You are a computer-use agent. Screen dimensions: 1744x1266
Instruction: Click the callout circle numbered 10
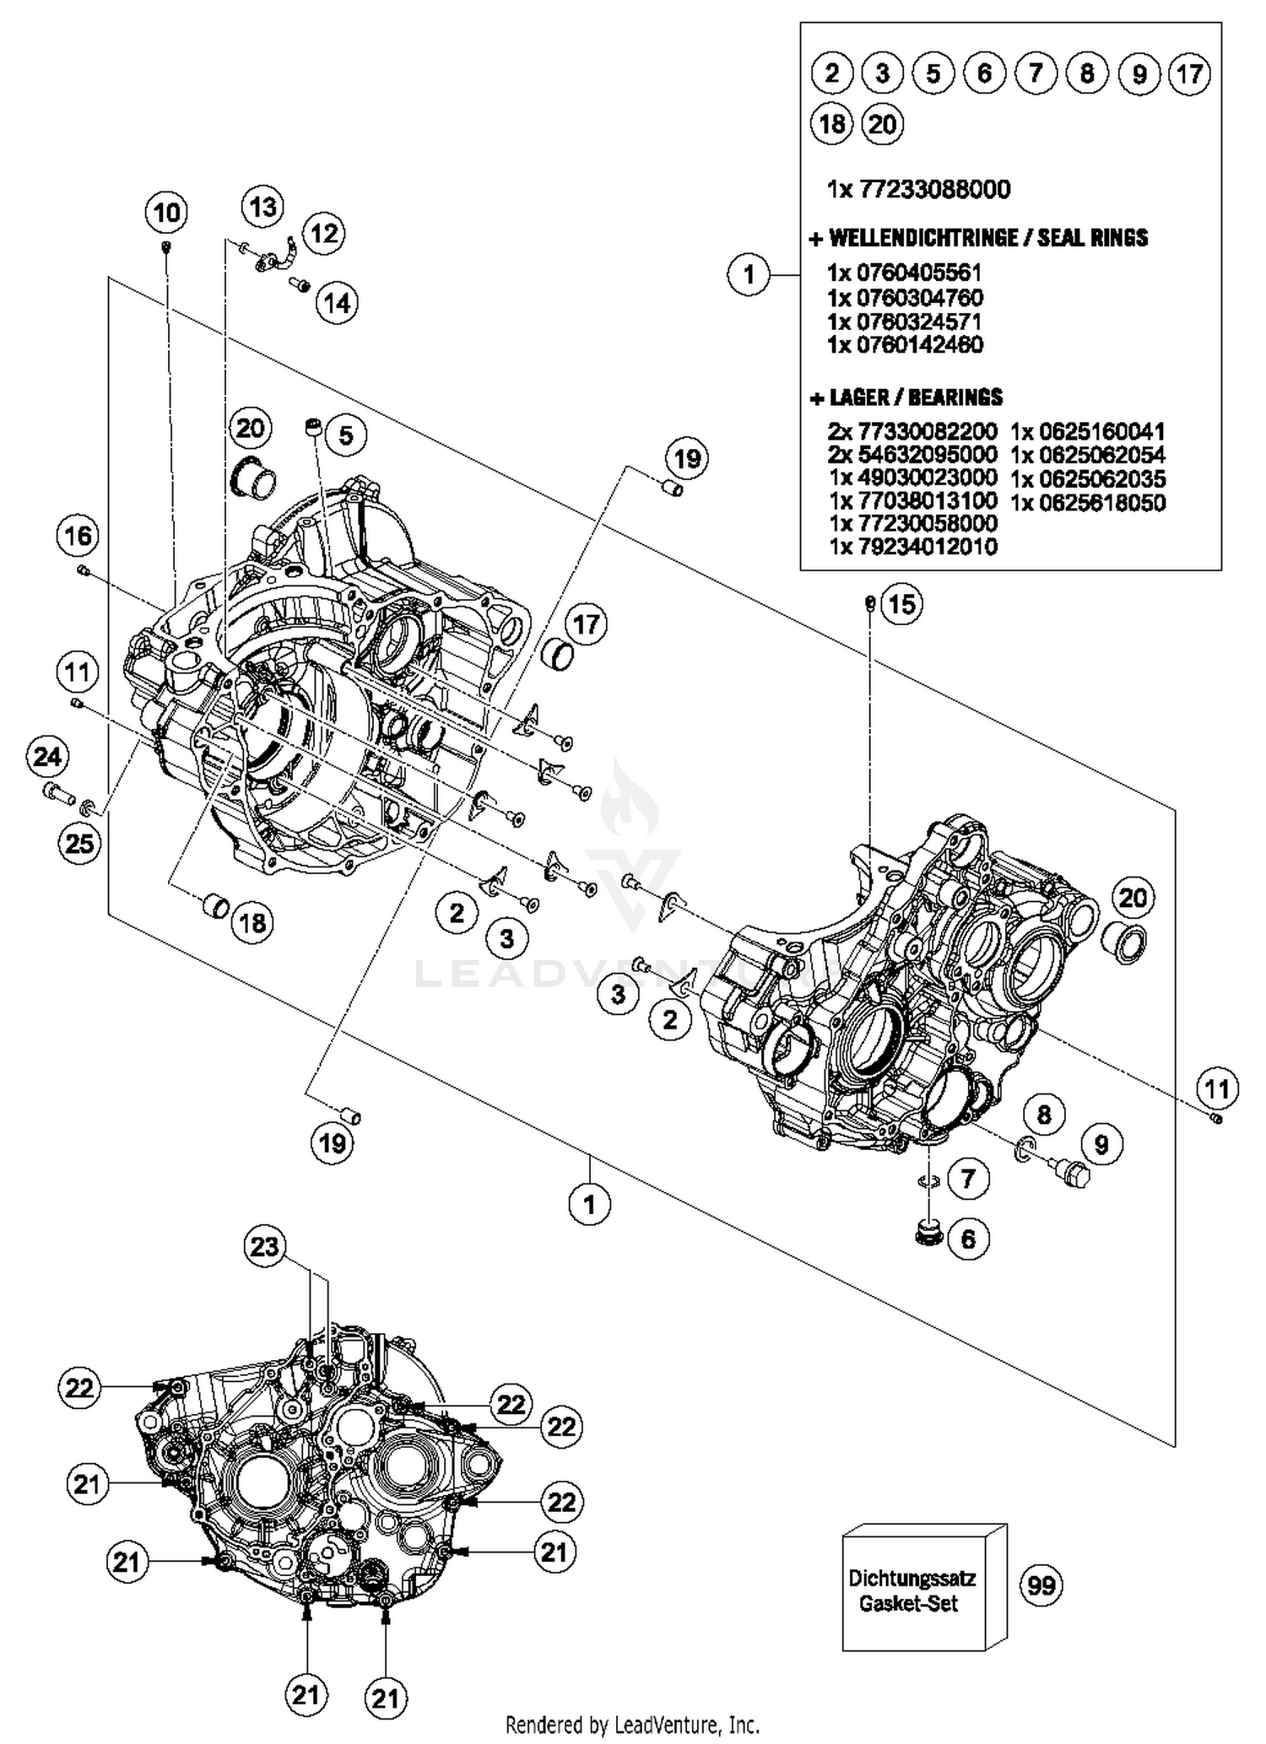pos(166,212)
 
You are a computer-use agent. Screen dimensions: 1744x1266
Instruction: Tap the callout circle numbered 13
pos(262,207)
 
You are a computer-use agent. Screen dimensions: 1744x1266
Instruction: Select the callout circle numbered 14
pos(337,302)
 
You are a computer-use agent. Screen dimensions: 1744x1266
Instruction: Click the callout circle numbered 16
pos(78,536)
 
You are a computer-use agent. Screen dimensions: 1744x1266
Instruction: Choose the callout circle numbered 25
pos(79,842)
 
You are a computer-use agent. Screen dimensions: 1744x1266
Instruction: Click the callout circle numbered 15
pos(901,604)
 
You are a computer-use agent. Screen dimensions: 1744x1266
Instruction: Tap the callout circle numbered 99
pos(1041,1585)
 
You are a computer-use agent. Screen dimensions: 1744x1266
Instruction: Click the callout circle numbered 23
pos(264,1245)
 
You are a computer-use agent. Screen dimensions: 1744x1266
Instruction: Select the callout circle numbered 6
pos(967,1239)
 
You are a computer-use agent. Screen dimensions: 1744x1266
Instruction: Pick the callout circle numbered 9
pos(1101,1144)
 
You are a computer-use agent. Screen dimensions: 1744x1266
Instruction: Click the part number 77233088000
pos(934,189)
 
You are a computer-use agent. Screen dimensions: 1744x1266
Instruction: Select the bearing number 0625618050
pos(1089,503)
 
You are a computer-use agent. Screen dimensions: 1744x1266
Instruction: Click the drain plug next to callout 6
pos(928,1233)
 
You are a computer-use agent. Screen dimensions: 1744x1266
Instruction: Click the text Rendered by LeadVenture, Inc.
pos(632,1725)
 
